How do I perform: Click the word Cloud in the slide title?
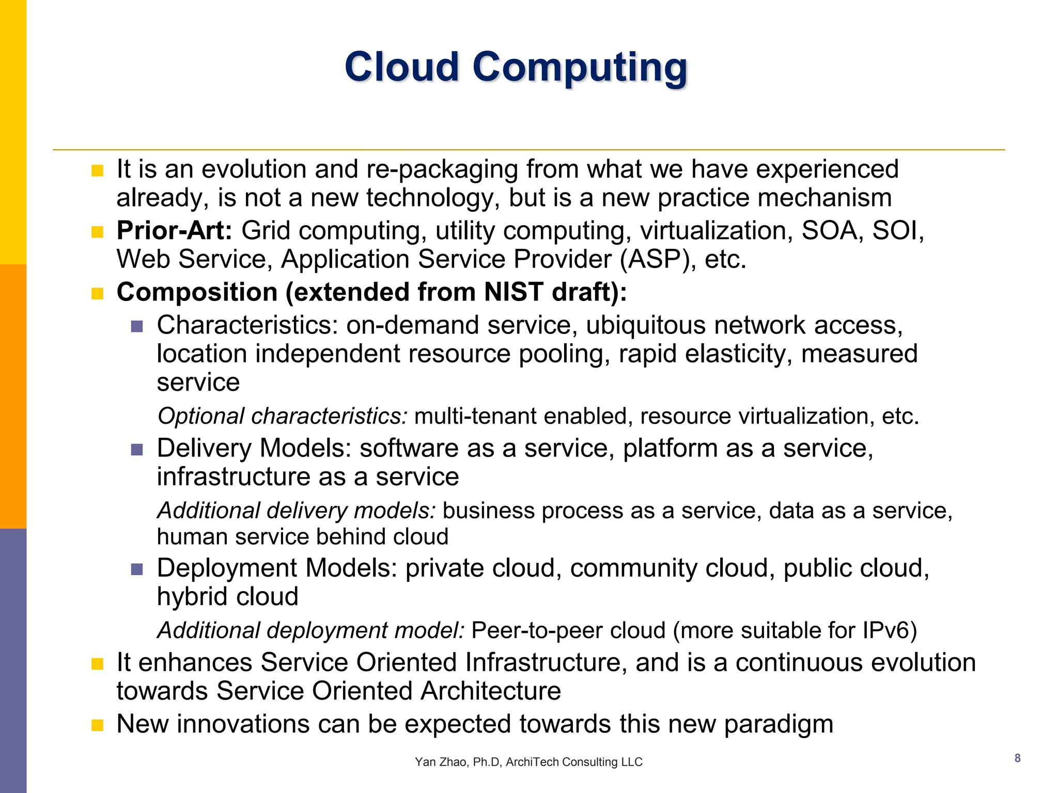point(401,67)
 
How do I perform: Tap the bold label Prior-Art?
point(174,230)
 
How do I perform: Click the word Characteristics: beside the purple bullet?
point(247,325)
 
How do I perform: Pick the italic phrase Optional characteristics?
point(283,416)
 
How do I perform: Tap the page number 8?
point(1017,758)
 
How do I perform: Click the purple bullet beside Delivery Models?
point(137,450)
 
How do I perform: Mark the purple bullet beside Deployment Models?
point(137,569)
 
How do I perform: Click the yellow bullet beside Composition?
point(97,294)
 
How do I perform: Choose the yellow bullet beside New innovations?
point(97,725)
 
